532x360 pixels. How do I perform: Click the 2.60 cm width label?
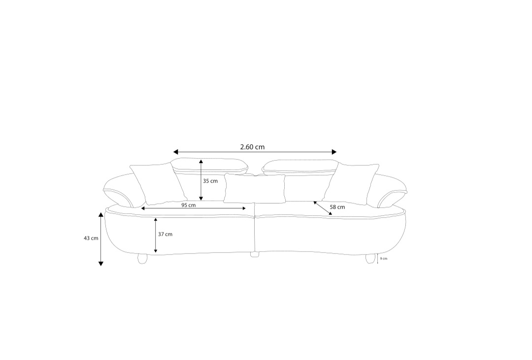pos(252,147)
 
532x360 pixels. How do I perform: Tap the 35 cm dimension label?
pos(210,181)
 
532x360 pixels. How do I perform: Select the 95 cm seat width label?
pos(188,205)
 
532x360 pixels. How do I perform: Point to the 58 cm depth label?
pos(337,207)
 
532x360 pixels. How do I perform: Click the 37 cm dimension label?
pos(165,234)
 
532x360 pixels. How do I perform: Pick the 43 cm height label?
pos(91,238)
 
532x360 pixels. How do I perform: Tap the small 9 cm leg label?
pos(383,259)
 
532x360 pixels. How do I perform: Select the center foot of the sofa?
pos(255,254)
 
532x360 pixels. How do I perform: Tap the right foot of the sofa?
pos(371,258)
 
